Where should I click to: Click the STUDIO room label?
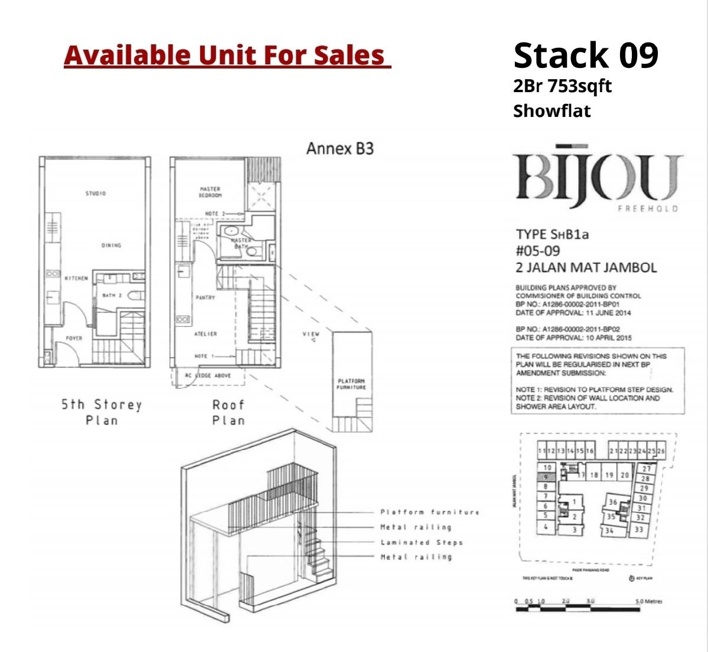click(95, 194)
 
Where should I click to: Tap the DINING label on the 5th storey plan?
click(110, 245)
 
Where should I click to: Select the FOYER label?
click(74, 338)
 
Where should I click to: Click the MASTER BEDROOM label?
click(210, 192)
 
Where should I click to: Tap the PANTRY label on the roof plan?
click(205, 298)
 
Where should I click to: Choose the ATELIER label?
click(205, 334)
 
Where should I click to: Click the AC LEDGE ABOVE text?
click(208, 376)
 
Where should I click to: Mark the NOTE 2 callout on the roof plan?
click(211, 214)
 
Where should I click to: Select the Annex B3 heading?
click(340, 148)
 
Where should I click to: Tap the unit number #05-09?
click(537, 251)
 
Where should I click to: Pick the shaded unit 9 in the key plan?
click(546, 477)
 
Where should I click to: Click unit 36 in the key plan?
click(613, 503)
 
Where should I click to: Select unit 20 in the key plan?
click(625, 475)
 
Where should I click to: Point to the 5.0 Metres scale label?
click(648, 601)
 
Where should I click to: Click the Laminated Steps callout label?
click(422, 542)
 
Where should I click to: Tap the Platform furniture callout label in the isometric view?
click(430, 512)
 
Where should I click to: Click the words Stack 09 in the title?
click(585, 55)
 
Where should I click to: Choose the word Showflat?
click(552, 111)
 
